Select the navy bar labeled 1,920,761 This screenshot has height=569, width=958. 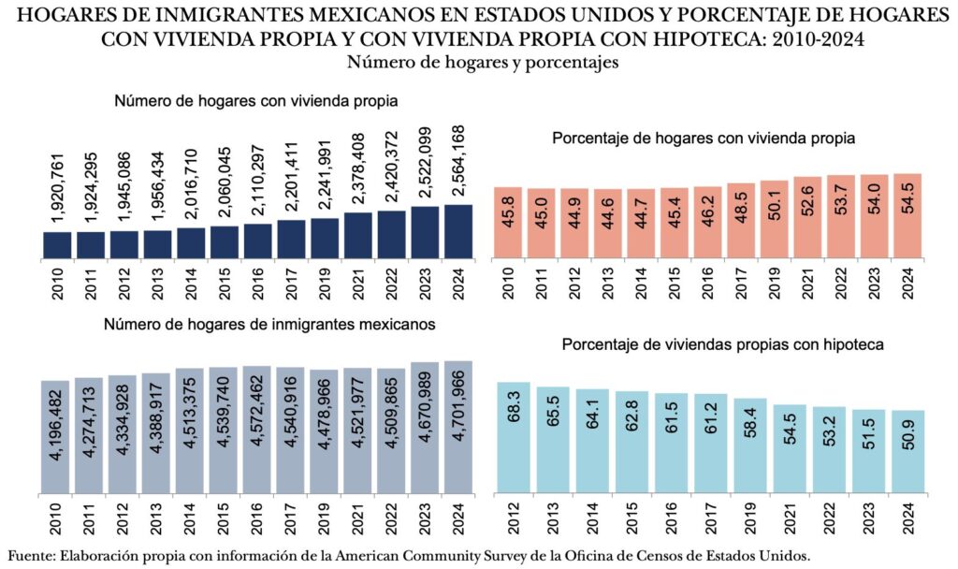pyautogui.click(x=57, y=243)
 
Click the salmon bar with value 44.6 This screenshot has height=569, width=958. pyautogui.click(x=607, y=223)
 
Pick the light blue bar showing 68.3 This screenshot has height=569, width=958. pyautogui.click(x=514, y=437)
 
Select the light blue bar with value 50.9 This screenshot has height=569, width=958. pyautogui.click(x=907, y=451)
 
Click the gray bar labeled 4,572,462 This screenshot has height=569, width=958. pyautogui.click(x=257, y=430)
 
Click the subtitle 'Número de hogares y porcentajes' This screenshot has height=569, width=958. pyautogui.click(x=479, y=63)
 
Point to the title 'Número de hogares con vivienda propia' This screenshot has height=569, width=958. pyautogui.click(x=257, y=101)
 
